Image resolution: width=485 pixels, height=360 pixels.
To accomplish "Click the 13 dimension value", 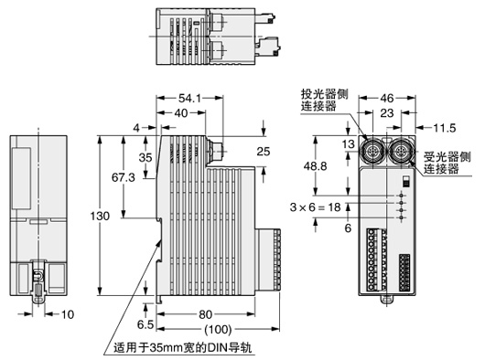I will pyautogui.click(x=347, y=143).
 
